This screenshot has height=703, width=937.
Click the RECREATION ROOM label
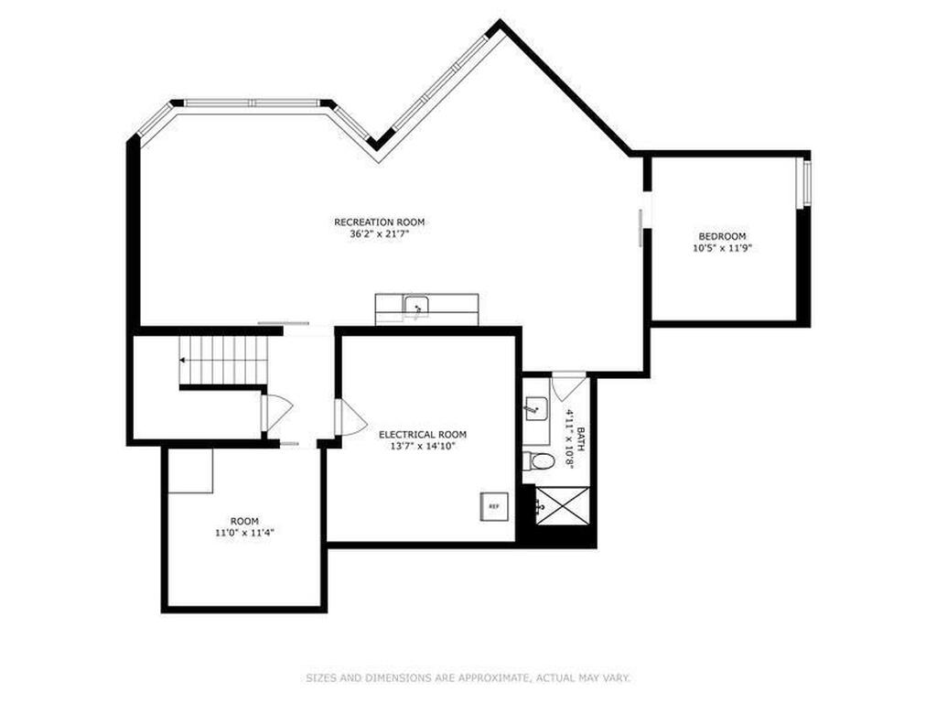coord(380,222)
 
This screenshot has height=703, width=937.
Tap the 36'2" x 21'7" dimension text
coord(380,234)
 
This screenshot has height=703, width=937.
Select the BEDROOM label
coord(723,236)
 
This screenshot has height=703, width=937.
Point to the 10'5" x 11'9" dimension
coord(722,248)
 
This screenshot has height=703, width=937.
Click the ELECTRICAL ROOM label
coord(423,435)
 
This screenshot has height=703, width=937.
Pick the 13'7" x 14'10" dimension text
coord(423,446)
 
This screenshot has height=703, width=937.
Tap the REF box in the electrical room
coord(495,506)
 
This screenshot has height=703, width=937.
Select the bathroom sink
coord(536,409)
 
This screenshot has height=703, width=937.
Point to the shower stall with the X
coord(563,505)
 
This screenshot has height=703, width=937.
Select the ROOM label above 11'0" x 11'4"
coord(244,521)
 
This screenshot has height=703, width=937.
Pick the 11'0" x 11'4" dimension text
coord(244,534)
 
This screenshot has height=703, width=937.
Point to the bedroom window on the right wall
coord(804,183)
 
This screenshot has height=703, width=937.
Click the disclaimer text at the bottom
coord(468,678)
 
